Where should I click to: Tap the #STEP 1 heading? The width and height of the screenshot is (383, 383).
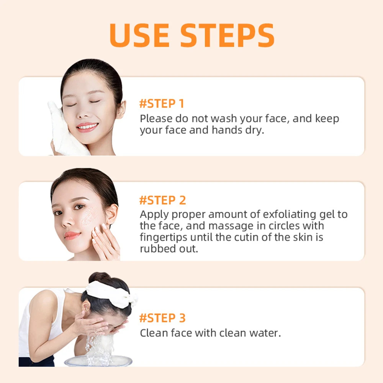162,104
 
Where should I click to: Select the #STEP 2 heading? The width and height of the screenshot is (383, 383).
162,200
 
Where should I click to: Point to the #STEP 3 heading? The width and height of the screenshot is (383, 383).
162,318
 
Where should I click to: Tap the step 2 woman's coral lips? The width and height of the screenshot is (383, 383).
72,235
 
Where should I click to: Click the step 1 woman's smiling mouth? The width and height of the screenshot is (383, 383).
87,126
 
